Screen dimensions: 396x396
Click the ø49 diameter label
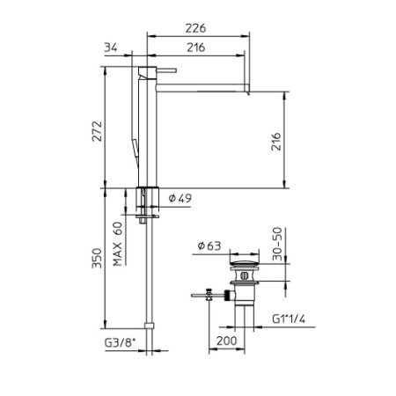pos(180,200)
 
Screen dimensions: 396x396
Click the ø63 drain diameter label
pos(209,246)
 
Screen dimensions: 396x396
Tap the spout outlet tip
pos(249,85)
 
